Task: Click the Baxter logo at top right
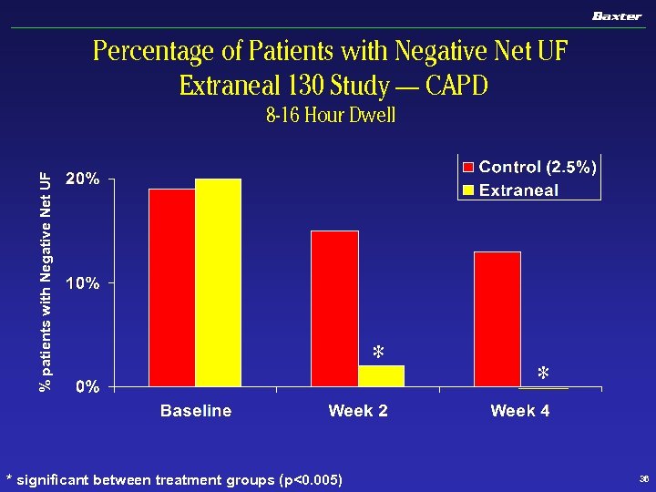tap(617, 15)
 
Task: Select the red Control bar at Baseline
tap(172, 287)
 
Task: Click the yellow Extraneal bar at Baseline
tap(219, 282)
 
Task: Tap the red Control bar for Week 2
tap(334, 309)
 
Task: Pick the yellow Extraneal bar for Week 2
tap(381, 376)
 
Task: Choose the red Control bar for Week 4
tap(497, 319)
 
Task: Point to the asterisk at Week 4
tap(543, 374)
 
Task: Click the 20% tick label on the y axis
tap(82, 179)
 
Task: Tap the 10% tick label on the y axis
tap(82, 283)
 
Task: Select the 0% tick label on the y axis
tap(87, 387)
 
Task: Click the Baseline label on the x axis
tap(196, 411)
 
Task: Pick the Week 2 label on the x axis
tap(358, 411)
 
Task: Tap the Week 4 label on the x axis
tap(520, 411)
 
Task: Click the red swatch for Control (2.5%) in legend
tap(469, 167)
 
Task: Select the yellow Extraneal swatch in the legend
tap(469, 190)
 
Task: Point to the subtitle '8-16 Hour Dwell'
tap(331, 117)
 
